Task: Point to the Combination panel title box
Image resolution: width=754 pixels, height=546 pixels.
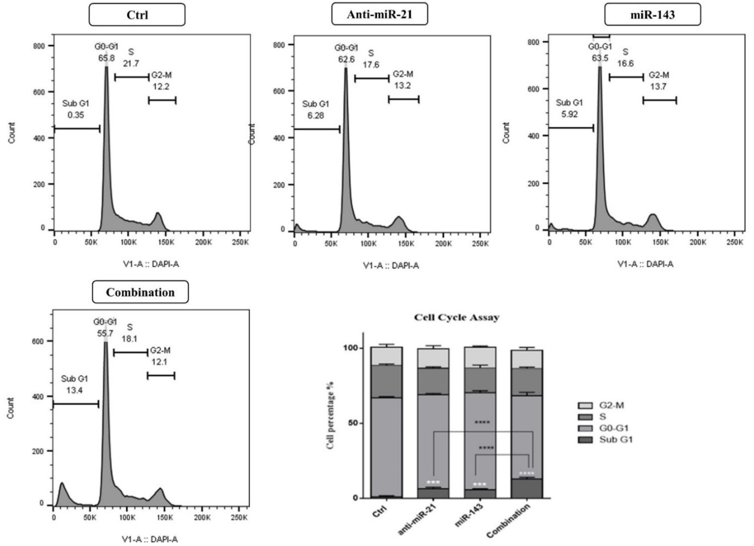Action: click(x=140, y=292)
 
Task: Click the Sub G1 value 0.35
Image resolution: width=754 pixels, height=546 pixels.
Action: click(x=76, y=115)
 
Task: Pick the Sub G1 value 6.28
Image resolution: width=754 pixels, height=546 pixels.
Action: click(x=315, y=116)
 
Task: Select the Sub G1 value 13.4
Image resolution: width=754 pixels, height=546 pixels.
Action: click(x=74, y=390)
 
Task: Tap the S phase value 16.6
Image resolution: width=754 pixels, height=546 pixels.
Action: click(x=625, y=63)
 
